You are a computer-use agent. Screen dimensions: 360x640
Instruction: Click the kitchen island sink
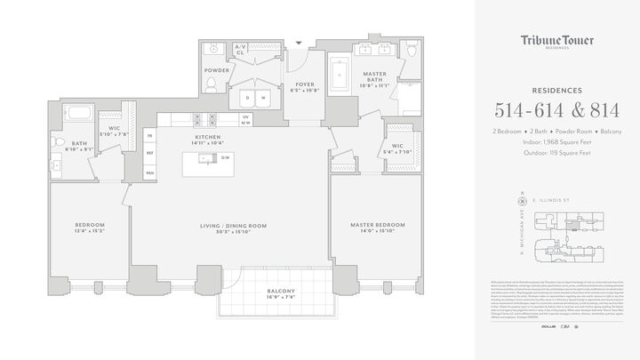206,159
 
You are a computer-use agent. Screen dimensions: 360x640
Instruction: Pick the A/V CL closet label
239,50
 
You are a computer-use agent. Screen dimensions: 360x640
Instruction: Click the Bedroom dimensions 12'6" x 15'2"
90,233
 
